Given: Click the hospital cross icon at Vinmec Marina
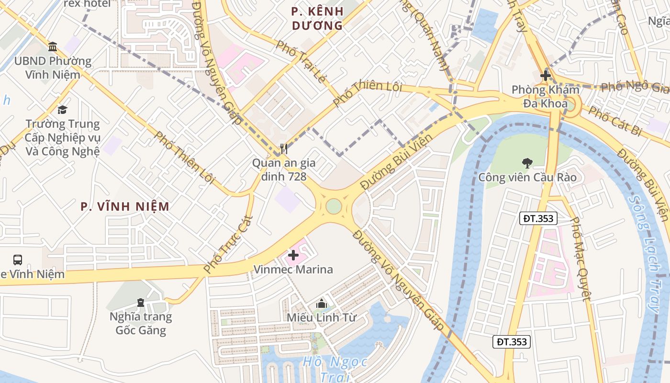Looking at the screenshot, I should [293, 256].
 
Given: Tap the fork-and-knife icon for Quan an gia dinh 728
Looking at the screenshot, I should [284, 149].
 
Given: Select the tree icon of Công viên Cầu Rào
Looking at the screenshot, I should [527, 163].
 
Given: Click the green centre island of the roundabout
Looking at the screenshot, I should [334, 206].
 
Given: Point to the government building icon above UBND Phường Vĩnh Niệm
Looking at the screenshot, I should [53, 47].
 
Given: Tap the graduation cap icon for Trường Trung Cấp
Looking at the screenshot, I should [62, 110].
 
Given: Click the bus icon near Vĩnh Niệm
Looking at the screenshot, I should [18, 260].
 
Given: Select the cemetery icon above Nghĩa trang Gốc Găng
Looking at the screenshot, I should [140, 303].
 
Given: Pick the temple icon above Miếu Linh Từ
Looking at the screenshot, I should [322, 304].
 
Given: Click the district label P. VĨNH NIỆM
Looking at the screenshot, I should [125, 206].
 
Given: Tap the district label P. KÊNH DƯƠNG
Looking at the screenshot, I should [317, 18].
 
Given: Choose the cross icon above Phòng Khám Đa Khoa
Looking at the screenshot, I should [545, 76].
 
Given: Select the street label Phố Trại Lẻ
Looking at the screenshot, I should [300, 61].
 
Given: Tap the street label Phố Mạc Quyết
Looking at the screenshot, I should [581, 259].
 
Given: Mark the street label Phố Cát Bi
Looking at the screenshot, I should [614, 121].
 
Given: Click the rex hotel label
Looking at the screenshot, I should [87, 4].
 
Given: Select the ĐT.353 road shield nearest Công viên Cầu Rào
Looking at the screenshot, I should [538, 219].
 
